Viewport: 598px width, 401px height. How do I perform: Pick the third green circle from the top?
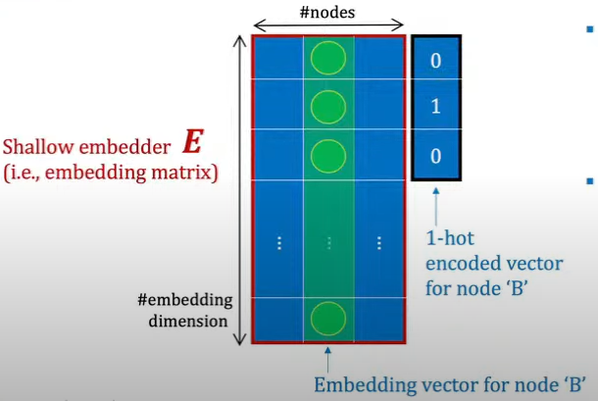pyautogui.click(x=328, y=155)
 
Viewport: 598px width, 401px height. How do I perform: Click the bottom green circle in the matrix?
pyautogui.click(x=328, y=319)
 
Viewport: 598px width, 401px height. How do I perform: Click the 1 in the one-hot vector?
pyautogui.click(x=436, y=107)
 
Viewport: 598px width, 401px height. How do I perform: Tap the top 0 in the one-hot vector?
pyautogui.click(x=436, y=61)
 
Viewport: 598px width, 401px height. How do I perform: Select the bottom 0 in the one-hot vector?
pyautogui.click(x=436, y=156)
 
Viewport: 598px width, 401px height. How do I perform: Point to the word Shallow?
pyautogui.click(x=38, y=149)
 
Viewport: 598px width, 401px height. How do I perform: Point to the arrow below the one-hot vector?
pyautogui.click(x=435, y=205)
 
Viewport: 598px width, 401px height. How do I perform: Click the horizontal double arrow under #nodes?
pyautogui.click(x=328, y=25)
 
